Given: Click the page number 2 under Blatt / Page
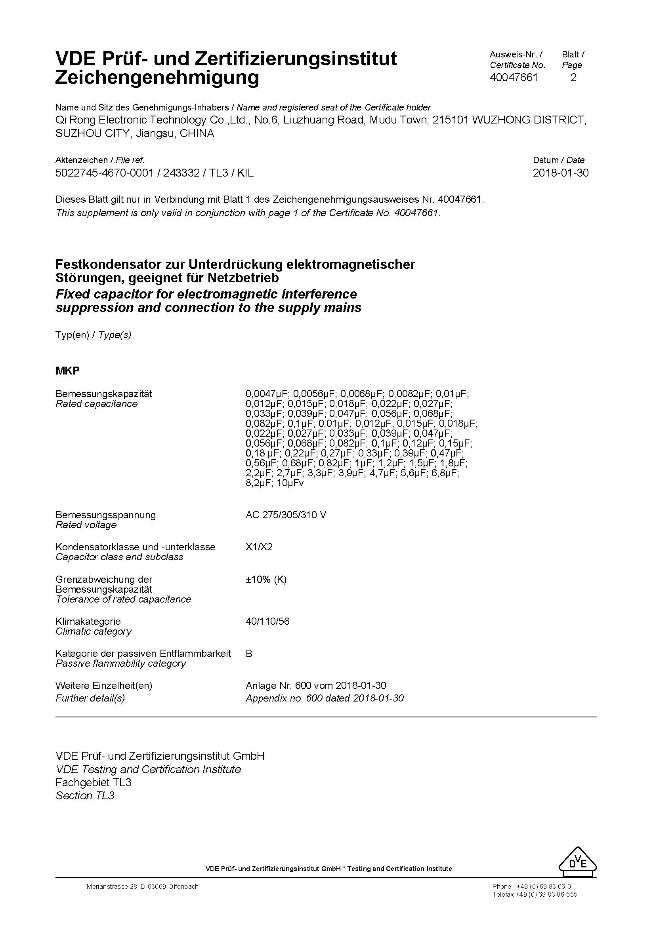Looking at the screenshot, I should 573,78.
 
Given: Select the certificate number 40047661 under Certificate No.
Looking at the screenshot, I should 514,78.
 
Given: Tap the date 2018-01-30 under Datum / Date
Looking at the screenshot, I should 560,173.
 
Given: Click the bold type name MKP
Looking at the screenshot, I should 67,371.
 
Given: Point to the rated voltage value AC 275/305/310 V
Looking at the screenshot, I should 286,515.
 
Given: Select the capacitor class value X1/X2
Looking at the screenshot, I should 259,547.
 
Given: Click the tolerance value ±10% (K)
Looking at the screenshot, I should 266,580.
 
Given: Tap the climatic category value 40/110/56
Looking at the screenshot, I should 267,622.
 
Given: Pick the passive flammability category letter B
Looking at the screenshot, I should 249,654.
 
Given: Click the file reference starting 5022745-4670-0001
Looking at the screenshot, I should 105,173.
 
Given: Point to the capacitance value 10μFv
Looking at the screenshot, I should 290,483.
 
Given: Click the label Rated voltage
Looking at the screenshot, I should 86,525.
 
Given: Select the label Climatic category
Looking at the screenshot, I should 94,631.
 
